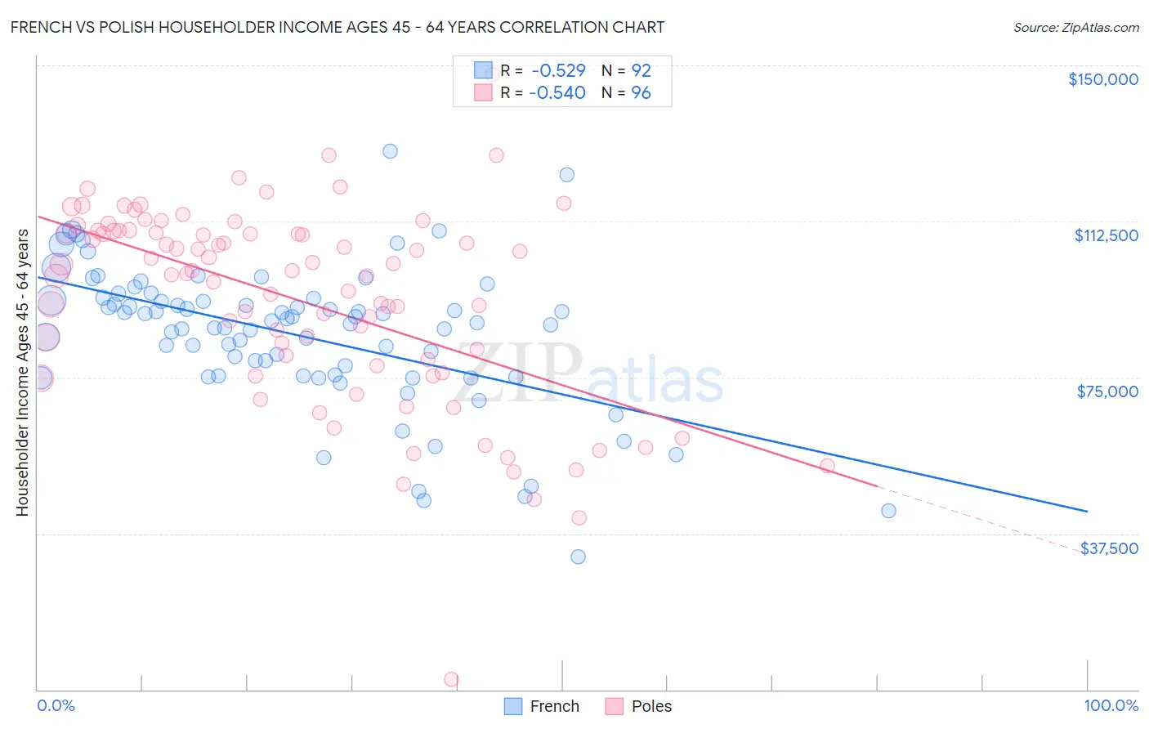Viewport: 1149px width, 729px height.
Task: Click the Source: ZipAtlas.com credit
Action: [1075, 27]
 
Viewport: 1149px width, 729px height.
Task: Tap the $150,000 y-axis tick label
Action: [1102, 79]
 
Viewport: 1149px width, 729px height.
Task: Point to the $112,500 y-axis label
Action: [1106, 235]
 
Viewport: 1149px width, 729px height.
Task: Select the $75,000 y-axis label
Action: [1107, 391]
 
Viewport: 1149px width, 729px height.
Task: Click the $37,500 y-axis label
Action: [1109, 548]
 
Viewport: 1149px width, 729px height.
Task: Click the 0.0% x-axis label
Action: [56, 706]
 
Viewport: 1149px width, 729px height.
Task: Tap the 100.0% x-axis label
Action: [1111, 706]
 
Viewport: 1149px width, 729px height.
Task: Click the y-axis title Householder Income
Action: [22, 372]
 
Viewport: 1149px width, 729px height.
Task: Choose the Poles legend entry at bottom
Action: [638, 706]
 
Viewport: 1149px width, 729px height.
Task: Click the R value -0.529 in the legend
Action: [557, 71]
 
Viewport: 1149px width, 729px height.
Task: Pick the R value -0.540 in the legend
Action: [557, 93]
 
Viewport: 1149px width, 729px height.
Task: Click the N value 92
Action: [641, 71]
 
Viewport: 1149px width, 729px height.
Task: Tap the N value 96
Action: [641, 93]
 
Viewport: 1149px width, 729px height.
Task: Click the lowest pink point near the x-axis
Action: [450, 679]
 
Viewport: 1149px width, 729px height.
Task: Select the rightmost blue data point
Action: [888, 511]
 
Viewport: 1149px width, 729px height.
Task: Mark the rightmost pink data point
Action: [827, 466]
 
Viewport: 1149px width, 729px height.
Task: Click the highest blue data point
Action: [390, 151]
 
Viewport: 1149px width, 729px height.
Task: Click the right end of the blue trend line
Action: [1087, 511]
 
